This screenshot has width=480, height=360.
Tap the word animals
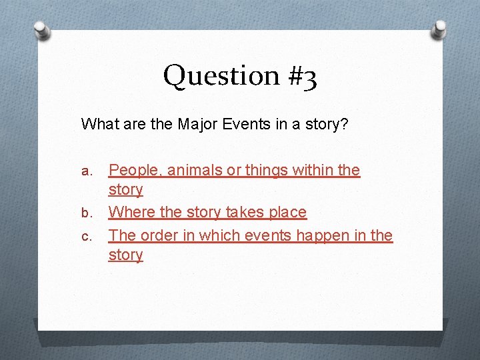195,171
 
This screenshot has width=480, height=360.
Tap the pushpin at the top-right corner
440,30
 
